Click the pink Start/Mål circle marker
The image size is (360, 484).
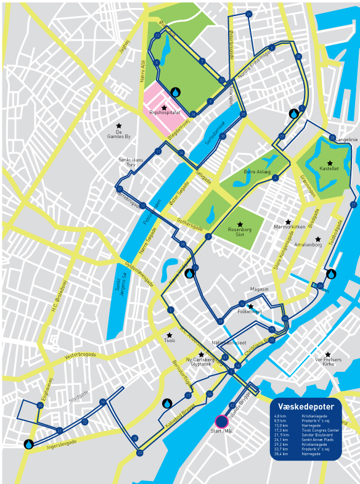221,422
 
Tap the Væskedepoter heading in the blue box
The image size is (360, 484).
306,406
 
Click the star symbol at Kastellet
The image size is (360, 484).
330,163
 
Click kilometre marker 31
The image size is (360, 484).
248,14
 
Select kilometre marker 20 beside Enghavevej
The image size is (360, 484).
40,405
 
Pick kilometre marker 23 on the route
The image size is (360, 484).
140,453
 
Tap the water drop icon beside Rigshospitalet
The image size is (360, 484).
176,92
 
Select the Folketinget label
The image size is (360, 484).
250,312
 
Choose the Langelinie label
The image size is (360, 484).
346,139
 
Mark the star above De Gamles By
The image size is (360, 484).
119,126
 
